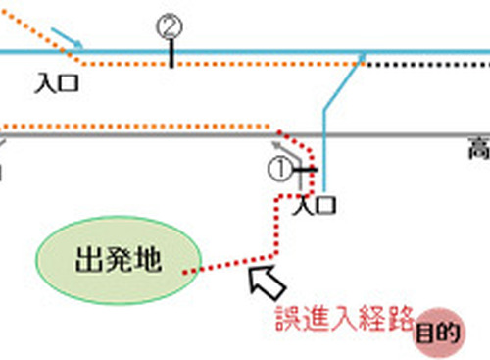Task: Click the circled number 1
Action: point(279,170)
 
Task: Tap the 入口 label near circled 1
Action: point(316,205)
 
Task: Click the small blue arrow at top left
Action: point(67,39)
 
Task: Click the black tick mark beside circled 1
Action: point(305,170)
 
